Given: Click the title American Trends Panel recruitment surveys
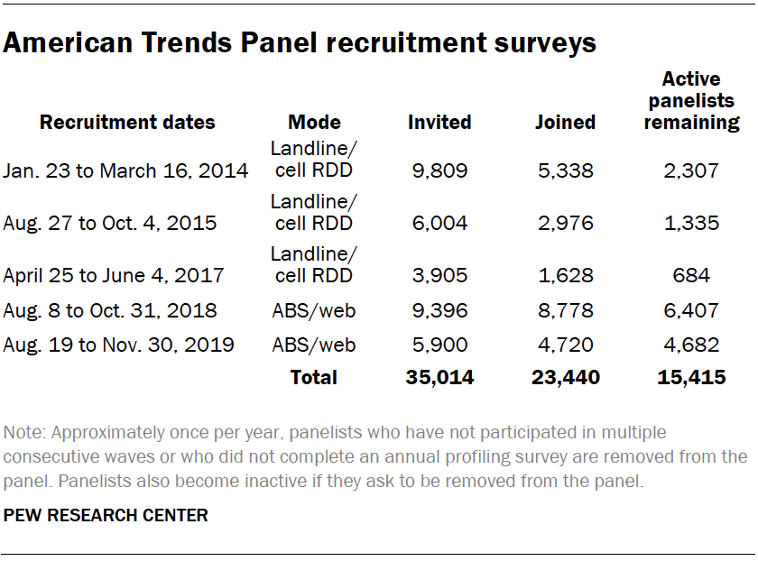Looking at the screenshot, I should pos(300,42).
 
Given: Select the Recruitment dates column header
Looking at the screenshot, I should pos(127,123).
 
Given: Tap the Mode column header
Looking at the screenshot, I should pos(314,123).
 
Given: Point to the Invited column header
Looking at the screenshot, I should pos(439,123).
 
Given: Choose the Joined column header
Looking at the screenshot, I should pos(565,123).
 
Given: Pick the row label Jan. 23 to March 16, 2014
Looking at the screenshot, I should pos(125,170).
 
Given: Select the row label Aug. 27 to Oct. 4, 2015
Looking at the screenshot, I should pos(110,224).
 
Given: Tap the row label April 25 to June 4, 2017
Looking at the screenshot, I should pos(114,277).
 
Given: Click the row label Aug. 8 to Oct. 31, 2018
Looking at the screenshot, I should pos(110,311).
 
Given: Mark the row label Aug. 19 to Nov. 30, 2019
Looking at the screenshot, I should pos(118,345).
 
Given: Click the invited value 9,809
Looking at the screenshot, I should pos(439,170).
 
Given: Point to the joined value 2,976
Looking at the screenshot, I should pos(565,224).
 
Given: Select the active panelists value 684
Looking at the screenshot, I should pos(691,277).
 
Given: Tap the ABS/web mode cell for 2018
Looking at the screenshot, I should pos(314,311).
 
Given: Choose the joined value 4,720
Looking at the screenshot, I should pos(565,345).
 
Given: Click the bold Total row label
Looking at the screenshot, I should pos(313,378).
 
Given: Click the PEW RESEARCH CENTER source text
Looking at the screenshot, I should pos(106,516).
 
